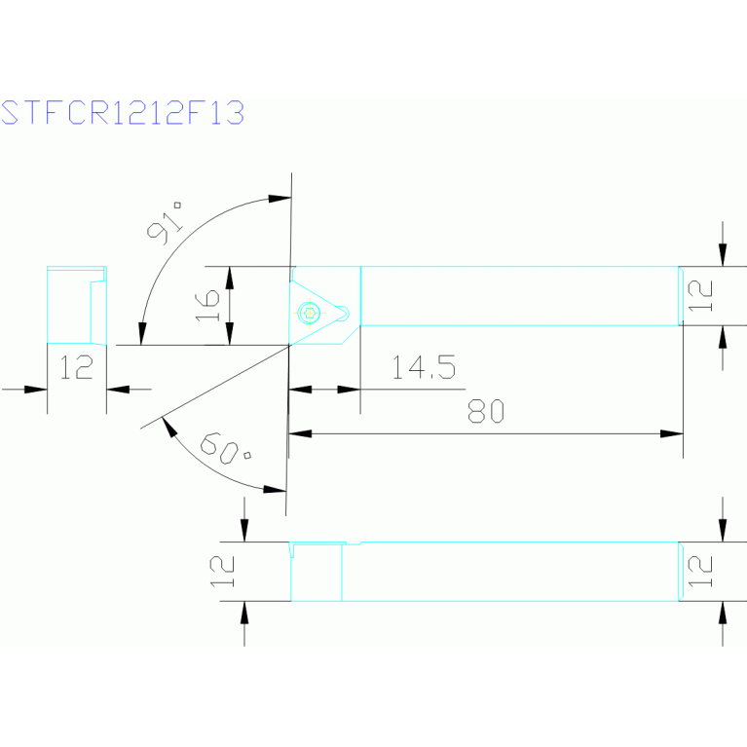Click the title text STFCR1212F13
122,113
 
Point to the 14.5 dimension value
423,367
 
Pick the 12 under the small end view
76,367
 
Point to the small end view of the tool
76,304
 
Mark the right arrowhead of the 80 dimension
672,433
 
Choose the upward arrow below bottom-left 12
243,612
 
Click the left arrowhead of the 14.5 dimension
301,390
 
